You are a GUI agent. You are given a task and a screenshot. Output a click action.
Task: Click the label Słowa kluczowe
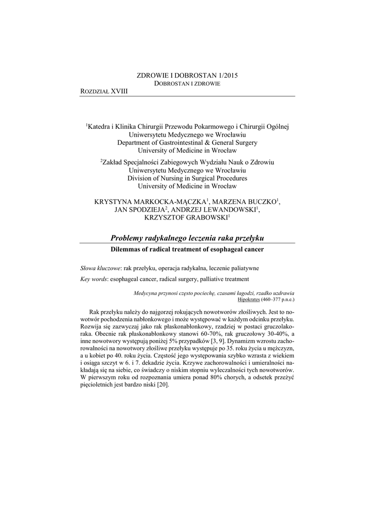[100, 269]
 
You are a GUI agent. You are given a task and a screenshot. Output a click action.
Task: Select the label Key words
[94, 279]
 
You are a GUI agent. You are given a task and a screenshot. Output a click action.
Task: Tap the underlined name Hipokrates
[250, 299]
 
